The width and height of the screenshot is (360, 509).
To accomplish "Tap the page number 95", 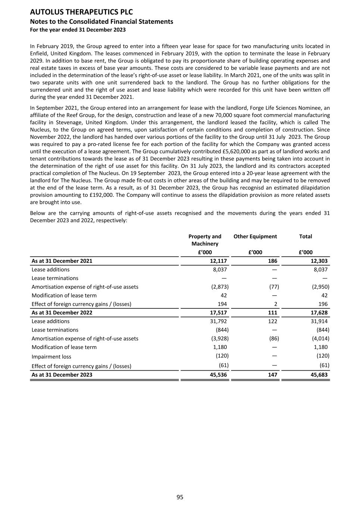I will (x=180, y=497).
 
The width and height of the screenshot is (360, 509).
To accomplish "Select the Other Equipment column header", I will (x=255, y=236).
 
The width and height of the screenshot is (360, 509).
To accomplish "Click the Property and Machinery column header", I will (x=205, y=240).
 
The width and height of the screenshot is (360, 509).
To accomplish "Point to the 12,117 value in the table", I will (x=218, y=261).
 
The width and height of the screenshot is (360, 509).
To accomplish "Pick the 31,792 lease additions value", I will (x=218, y=321).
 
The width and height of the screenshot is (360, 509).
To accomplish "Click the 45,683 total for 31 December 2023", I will (x=319, y=375).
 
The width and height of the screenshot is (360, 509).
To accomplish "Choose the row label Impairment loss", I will (x=51, y=356).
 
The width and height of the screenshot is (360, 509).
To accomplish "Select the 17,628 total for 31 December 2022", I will (x=319, y=312).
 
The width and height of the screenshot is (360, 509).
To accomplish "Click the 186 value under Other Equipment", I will (x=272, y=261).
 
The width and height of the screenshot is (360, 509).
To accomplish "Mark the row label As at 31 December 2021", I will (x=62, y=261).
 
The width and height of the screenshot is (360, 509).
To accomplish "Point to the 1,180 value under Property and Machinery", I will (x=220, y=347).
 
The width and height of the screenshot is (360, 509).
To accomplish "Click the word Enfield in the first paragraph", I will (x=39, y=53).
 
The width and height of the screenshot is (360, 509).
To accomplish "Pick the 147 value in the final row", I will (x=273, y=375).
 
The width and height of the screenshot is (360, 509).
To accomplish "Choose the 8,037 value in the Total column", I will (x=320, y=270).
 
